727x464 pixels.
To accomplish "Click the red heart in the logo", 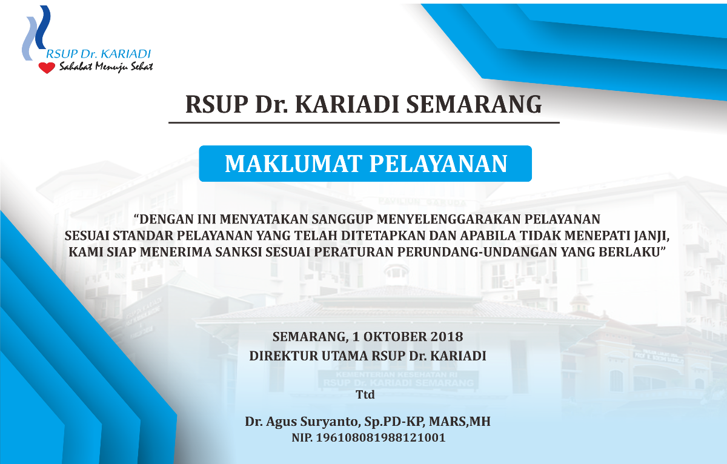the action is pos(47,68).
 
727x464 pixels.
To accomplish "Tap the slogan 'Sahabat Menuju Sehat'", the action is pos(106,67).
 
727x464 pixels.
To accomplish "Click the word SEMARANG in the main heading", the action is pos(474,104).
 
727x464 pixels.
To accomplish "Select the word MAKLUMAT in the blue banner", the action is pos(293,164).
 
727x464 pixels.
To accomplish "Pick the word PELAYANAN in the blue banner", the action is pos(439,164).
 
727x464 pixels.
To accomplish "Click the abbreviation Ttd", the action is pos(365,394).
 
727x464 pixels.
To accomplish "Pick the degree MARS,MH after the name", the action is pos(460,422).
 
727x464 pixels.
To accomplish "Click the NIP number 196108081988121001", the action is pos(380,437).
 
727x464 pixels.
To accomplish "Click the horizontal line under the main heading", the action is pos(364,122).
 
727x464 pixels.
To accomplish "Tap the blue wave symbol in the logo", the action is pos(36,33).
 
